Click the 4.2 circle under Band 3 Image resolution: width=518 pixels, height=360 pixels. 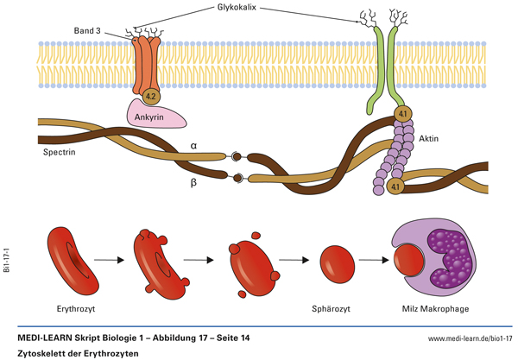coord(150,97)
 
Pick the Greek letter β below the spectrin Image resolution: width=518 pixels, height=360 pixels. coord(194,183)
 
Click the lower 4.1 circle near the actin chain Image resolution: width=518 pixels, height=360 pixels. coord(395,186)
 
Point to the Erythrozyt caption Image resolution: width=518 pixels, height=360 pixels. coord(78,306)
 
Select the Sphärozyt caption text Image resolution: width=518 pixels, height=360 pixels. coord(337,306)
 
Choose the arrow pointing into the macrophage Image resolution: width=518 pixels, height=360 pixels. coord(373,259)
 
